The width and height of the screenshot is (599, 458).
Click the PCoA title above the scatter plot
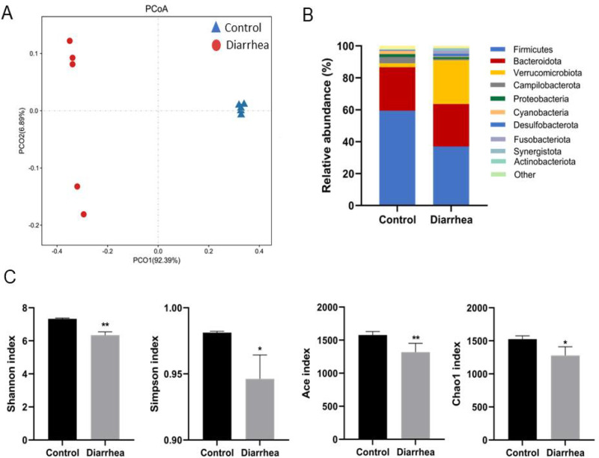(157, 8)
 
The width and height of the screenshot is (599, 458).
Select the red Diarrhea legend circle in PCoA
(216, 45)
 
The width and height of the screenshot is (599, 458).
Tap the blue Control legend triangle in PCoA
(216, 27)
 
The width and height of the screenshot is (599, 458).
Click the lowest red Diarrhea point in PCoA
(84, 214)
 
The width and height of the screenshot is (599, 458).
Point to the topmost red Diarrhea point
(70, 40)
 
